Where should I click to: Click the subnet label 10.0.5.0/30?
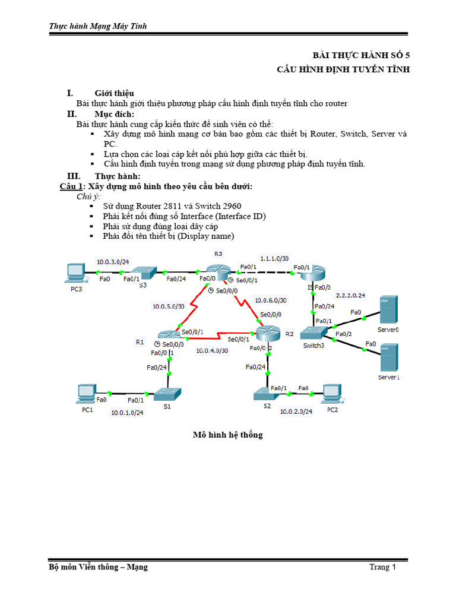pyautogui.click(x=169, y=307)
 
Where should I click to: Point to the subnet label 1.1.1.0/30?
pyautogui.click(x=275, y=258)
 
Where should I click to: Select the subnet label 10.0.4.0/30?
pyautogui.click(x=212, y=351)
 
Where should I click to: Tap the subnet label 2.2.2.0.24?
pyautogui.click(x=351, y=295)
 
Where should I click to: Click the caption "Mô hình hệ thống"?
pyautogui.click(x=227, y=435)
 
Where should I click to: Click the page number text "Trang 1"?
pyautogui.click(x=382, y=567)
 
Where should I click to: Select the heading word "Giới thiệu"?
pyautogui.click(x=114, y=93)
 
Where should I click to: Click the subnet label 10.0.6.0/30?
pyautogui.click(x=270, y=300)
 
